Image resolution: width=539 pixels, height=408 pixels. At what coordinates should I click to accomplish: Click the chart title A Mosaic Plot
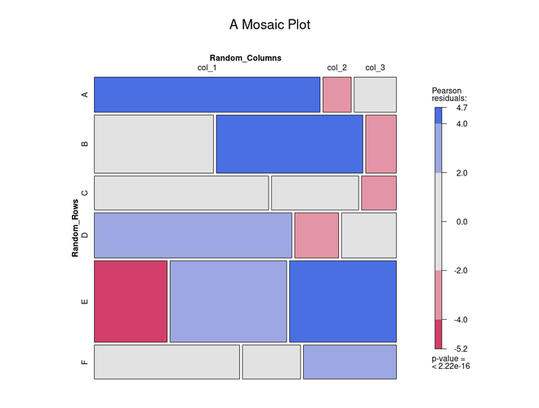pyautogui.click(x=269, y=25)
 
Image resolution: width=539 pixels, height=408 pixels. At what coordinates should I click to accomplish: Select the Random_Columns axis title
pyautogui.click(x=245, y=58)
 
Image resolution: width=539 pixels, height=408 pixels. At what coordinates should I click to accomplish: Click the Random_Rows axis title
pyautogui.click(x=75, y=228)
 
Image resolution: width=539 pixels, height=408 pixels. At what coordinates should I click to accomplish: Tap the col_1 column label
pyautogui.click(x=207, y=68)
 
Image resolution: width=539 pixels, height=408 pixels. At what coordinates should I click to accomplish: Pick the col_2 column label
pyautogui.click(x=336, y=68)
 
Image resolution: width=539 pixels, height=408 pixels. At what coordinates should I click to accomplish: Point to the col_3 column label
pyautogui.click(x=375, y=68)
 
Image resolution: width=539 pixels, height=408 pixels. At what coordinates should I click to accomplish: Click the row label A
pyautogui.click(x=84, y=95)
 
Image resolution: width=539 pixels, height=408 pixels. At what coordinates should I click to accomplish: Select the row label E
pyautogui.click(x=84, y=301)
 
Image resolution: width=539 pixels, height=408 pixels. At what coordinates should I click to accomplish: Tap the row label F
pyautogui.click(x=84, y=362)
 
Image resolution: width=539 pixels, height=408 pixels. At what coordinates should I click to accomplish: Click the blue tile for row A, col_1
pyautogui.click(x=207, y=95)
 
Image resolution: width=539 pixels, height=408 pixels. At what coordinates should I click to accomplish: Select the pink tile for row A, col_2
pyautogui.click(x=336, y=95)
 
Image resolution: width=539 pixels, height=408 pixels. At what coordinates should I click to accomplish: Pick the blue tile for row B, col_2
pyautogui.click(x=289, y=144)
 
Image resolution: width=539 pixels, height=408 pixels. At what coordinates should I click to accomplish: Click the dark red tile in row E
pyautogui.click(x=131, y=301)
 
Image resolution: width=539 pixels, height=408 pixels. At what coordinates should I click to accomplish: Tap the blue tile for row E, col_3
pyautogui.click(x=342, y=301)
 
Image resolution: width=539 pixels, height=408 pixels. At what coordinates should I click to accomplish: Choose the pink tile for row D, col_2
pyautogui.click(x=316, y=235)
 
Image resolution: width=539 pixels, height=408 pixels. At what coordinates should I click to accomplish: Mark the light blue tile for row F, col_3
pyautogui.click(x=350, y=362)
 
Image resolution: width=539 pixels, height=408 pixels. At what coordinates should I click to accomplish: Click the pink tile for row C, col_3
pyautogui.click(x=378, y=193)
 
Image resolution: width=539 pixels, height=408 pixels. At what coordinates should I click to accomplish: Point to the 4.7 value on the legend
pyautogui.click(x=462, y=108)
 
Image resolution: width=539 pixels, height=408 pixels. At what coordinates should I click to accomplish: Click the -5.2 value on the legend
pyautogui.click(x=462, y=348)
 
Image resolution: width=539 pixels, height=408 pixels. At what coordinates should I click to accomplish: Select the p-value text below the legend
pyautogui.click(x=450, y=362)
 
